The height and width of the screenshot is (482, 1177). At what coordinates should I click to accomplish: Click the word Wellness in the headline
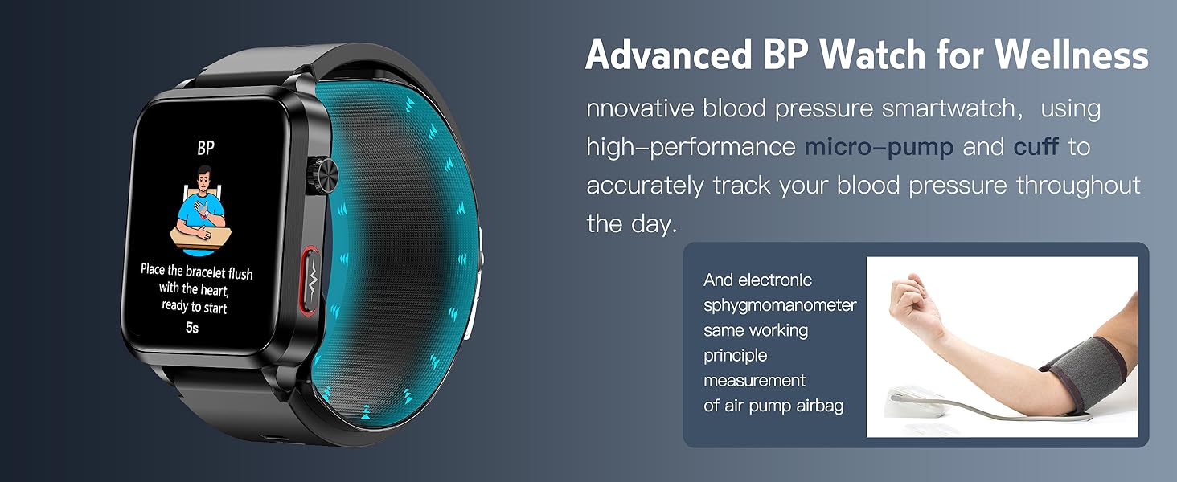pyautogui.click(x=1072, y=55)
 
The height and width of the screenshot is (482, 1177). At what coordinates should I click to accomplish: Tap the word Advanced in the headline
pyautogui.click(x=669, y=55)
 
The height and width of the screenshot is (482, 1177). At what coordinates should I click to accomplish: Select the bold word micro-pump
pyautogui.click(x=879, y=146)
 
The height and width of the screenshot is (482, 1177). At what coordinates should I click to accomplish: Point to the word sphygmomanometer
pyautogui.click(x=780, y=306)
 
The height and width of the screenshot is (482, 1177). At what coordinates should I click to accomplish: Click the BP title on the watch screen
pyautogui.click(x=206, y=149)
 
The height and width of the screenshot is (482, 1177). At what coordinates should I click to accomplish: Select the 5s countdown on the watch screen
pyautogui.click(x=192, y=328)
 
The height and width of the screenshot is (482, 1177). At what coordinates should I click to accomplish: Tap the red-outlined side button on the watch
pyautogui.click(x=310, y=281)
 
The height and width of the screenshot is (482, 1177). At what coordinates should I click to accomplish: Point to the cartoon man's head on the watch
pyautogui.click(x=204, y=178)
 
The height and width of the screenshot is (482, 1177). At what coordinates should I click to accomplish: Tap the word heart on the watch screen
pyautogui.click(x=214, y=290)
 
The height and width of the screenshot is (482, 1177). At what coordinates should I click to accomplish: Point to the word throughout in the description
pyautogui.click(x=1077, y=186)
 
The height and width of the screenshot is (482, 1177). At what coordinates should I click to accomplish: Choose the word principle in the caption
pyautogui.click(x=735, y=356)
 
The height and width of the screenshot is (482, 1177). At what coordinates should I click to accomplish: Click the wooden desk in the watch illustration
pyautogui.click(x=201, y=237)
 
